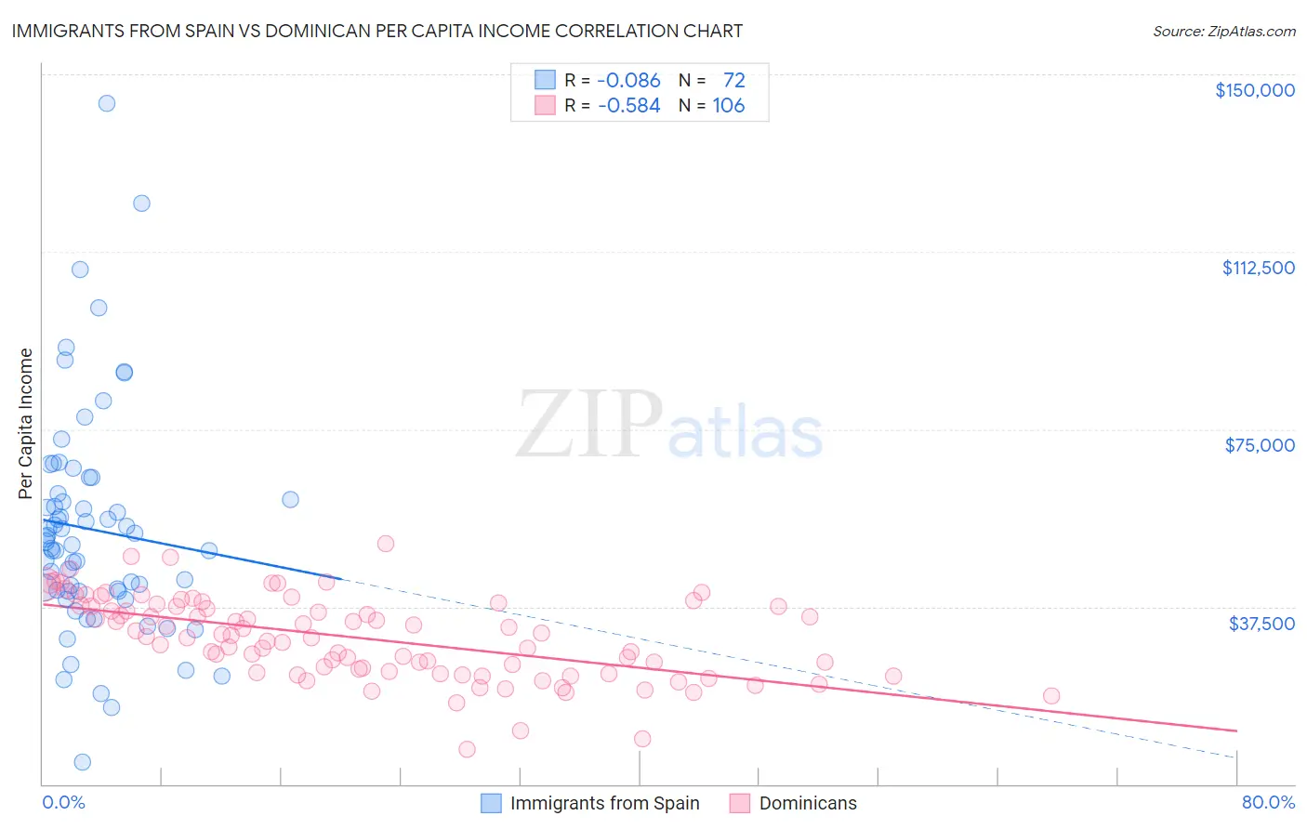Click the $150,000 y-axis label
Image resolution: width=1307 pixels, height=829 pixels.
tap(1254, 90)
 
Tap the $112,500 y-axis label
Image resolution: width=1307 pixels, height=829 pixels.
tap(1258, 268)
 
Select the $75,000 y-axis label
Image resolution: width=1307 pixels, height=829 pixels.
tap(1259, 445)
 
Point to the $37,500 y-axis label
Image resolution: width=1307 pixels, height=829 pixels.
tap(1261, 623)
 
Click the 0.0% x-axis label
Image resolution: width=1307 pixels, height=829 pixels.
tap(63, 802)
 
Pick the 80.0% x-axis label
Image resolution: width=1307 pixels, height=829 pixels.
tap(1268, 802)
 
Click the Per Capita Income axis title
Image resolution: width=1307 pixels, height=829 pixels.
tap(26, 424)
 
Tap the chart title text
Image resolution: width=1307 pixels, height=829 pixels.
tap(377, 31)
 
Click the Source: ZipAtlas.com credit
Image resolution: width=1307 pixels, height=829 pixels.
tap(1223, 31)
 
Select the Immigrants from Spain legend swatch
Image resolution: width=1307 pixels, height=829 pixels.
tap(491, 803)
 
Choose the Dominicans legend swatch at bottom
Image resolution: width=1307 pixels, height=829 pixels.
tap(740, 803)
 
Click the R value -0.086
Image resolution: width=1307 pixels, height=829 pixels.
tap(628, 80)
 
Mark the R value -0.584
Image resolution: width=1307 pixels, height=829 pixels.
tap(628, 106)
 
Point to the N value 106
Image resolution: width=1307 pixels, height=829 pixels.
tap(729, 106)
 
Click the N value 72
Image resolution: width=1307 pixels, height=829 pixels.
tap(733, 80)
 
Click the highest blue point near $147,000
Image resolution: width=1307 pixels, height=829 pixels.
tap(107, 103)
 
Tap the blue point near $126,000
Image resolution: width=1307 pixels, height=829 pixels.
tap(141, 204)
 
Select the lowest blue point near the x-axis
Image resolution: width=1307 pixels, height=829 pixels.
tap(82, 762)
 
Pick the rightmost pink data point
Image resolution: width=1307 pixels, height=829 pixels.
tap(1051, 696)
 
